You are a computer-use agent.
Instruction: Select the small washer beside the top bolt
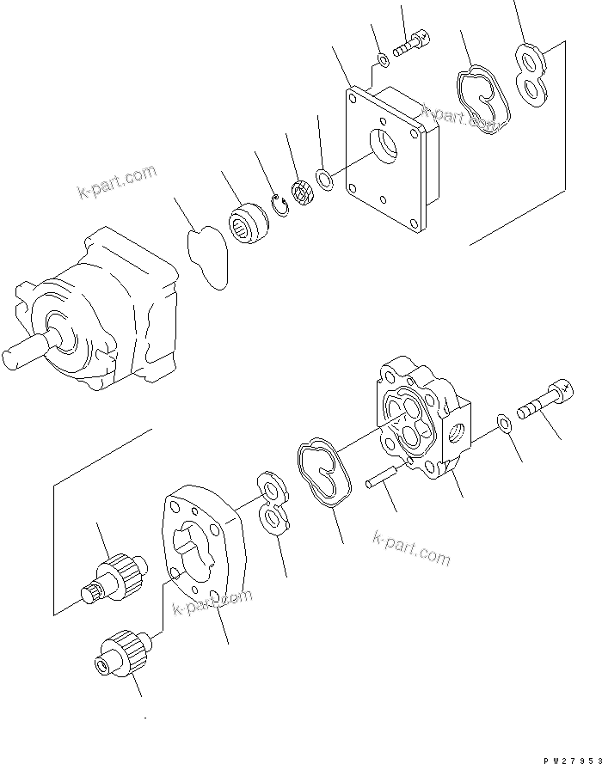pos(382,60)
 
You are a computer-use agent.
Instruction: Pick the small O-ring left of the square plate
pos(326,180)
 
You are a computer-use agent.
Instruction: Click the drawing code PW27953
pos(568,759)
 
